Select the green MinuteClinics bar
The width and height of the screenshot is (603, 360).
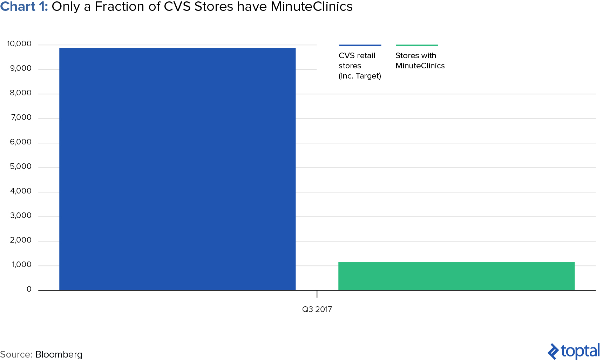click(x=456, y=276)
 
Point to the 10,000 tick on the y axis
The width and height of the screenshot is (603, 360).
click(x=19, y=44)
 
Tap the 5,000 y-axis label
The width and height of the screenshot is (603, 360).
click(x=21, y=167)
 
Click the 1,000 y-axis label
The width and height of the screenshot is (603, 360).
click(x=22, y=265)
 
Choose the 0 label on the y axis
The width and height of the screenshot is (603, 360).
click(x=29, y=289)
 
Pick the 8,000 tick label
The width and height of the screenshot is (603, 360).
click(x=21, y=93)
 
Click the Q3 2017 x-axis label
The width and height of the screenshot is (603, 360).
click(x=317, y=309)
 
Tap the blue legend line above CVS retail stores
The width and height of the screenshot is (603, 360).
click(x=360, y=45)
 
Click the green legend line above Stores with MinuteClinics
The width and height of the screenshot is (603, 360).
click(x=416, y=45)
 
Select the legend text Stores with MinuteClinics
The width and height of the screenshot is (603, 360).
click(x=420, y=61)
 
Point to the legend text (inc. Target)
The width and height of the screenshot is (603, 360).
click(x=360, y=76)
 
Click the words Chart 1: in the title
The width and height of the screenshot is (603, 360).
click(x=24, y=7)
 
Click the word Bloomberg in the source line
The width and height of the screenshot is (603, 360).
click(x=59, y=354)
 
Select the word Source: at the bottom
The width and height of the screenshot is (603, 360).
click(x=16, y=354)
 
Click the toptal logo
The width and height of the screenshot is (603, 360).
click(x=574, y=351)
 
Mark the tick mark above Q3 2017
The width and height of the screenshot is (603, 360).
click(x=317, y=294)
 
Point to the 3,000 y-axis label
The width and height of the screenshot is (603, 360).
click(x=21, y=216)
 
